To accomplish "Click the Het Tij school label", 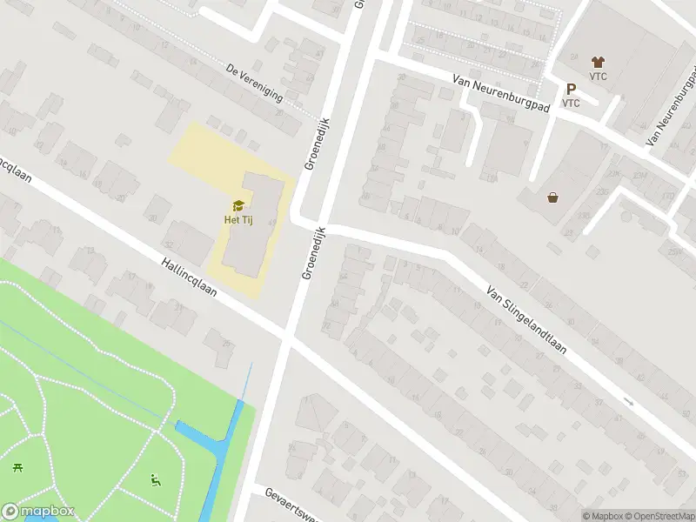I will (x=238, y=218).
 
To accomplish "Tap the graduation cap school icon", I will (x=238, y=205).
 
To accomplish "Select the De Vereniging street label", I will (x=254, y=83).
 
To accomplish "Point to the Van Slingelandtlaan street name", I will (x=526, y=321).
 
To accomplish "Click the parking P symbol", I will (x=571, y=89).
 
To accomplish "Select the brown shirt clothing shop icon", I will (x=597, y=62).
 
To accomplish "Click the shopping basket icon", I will (x=552, y=197).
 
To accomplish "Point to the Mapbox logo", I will (x=37, y=512).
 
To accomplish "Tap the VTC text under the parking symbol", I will (x=571, y=103).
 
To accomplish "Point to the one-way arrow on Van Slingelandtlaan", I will (x=629, y=402).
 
